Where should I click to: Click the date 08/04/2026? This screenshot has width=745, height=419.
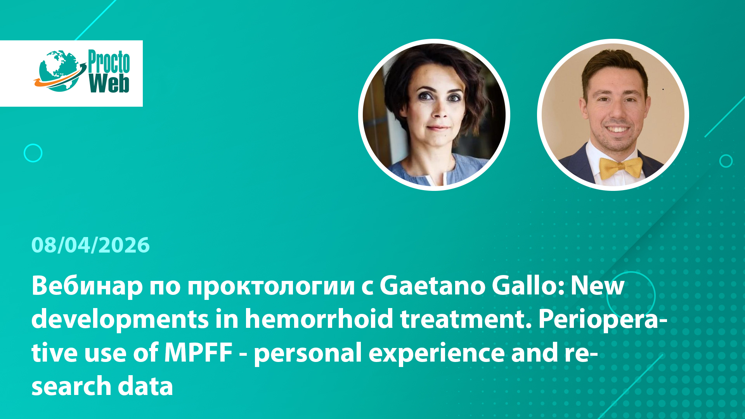[x=90, y=245]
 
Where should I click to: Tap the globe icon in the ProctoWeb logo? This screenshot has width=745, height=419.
[x=60, y=71]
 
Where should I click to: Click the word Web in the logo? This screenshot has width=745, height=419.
[x=109, y=83]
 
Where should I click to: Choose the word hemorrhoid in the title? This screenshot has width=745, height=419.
[x=319, y=319]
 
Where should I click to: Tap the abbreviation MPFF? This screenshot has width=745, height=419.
[x=198, y=353]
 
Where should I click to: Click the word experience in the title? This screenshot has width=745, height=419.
[x=437, y=354]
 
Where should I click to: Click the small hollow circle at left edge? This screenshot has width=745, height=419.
[x=33, y=144]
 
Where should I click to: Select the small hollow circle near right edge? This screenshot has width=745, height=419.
[x=726, y=155]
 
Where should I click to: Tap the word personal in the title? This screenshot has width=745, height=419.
[x=308, y=354]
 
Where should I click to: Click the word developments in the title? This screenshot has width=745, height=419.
[x=120, y=320]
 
